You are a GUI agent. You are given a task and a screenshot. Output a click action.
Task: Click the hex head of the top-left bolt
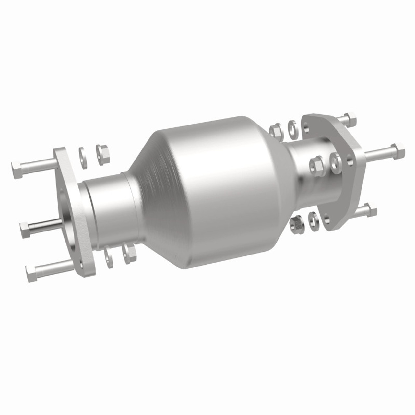click(x=17, y=169)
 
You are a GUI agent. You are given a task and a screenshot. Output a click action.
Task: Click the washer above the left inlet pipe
click(x=83, y=158)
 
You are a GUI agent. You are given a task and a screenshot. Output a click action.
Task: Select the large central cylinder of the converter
click(x=220, y=191)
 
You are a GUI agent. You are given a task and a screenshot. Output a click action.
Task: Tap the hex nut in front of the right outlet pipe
click(x=317, y=164)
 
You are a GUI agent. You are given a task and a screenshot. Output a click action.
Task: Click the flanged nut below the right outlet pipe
click(x=296, y=223)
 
